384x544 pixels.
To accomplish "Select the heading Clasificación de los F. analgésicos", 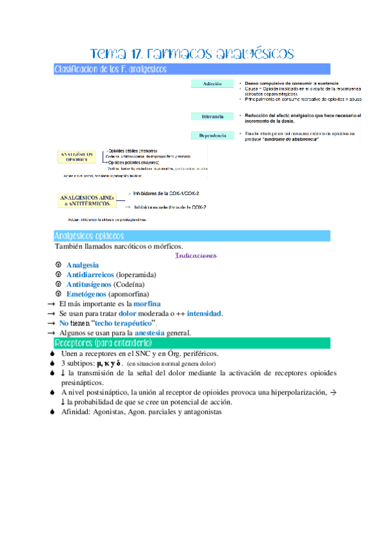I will (110, 68).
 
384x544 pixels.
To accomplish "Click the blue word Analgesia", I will (83, 265).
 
